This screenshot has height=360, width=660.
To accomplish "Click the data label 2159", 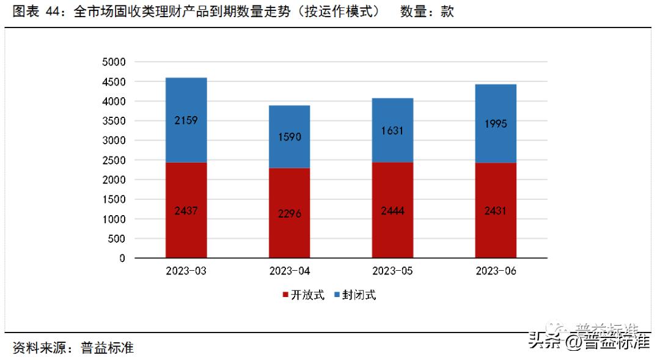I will click(186, 120).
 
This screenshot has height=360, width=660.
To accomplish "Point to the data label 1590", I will click(289, 137).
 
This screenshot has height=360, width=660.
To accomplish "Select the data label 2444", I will click(392, 211).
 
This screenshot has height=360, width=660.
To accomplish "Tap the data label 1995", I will click(496, 123).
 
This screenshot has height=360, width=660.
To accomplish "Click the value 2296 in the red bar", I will click(289, 215).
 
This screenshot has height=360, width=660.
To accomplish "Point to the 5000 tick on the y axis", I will click(113, 62).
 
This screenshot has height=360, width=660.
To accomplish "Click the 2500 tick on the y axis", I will click(113, 160).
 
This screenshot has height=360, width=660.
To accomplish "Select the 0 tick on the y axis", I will click(122, 259).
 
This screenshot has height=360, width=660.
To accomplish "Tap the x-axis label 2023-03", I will click(186, 271).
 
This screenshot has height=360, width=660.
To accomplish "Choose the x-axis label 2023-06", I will click(496, 271).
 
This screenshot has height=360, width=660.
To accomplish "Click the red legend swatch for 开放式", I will click(285, 295).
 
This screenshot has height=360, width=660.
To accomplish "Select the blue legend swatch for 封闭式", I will click(337, 295).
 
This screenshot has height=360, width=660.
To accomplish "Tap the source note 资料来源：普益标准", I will click(73, 348).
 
